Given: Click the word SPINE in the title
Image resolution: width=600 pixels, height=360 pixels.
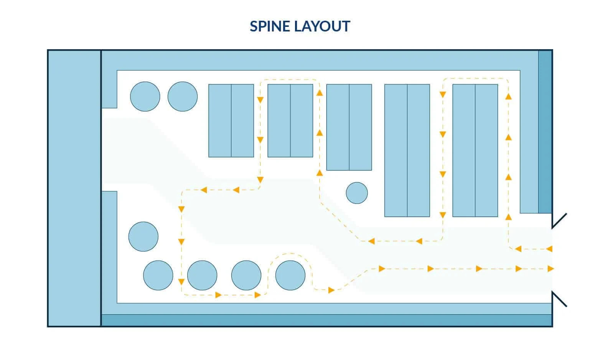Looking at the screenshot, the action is tap(270, 26).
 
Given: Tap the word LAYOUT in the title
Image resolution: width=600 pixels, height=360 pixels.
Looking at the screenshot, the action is tap(322, 26).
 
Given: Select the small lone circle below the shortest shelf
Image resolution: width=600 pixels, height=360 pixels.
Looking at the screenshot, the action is tap(357, 193).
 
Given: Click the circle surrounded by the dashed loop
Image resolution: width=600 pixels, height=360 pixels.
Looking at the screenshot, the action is tap(290, 275).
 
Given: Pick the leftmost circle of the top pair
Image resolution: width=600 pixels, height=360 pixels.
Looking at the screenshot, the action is tap(145, 96).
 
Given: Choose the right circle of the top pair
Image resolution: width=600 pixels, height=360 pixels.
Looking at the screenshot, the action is tap(183, 96).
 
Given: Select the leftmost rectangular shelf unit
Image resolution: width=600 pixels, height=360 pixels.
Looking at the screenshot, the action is tap(231, 121).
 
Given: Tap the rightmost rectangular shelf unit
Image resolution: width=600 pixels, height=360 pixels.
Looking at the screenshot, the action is tap(475, 150).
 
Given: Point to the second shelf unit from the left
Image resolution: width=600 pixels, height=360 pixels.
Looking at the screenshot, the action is tap(290, 121).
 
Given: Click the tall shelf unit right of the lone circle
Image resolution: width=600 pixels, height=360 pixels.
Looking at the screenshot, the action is tap(407, 150).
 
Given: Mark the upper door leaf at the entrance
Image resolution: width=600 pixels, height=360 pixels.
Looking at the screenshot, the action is tap(559, 221).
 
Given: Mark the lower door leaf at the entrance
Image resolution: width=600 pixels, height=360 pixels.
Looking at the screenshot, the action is tap(559, 299).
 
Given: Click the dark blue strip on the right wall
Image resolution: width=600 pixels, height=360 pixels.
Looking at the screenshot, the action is tap(545, 132).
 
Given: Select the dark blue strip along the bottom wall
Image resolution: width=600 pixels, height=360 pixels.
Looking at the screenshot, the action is tap(326, 320).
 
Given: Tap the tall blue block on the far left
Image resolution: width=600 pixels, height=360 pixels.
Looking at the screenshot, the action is tap(74, 188).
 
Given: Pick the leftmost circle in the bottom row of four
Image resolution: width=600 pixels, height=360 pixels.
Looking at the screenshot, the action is tap(158, 275).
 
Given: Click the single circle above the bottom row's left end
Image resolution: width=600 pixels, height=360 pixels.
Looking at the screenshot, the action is tap(143, 237).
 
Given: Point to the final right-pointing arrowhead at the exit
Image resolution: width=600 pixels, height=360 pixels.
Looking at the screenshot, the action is tap(551, 269).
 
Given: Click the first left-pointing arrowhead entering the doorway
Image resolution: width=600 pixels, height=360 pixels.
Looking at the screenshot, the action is tap(549, 249).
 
